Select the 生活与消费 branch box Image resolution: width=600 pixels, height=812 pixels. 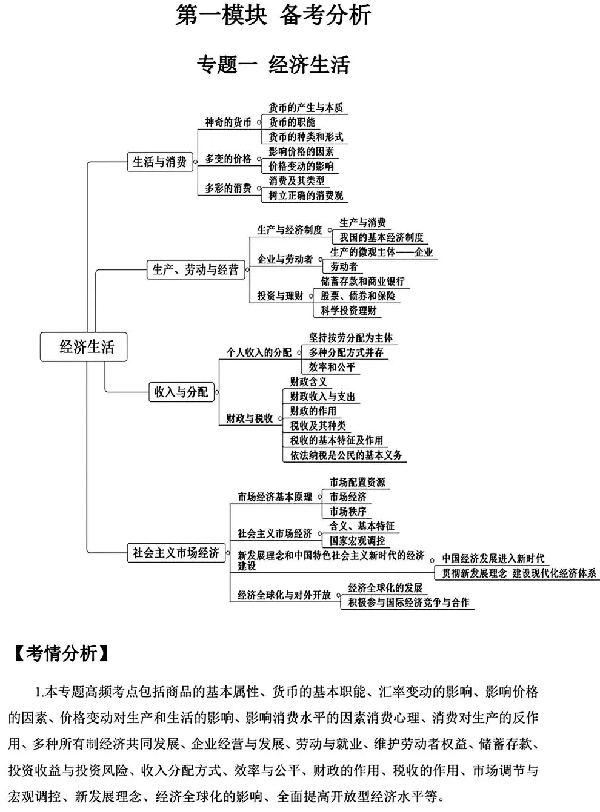pyautogui.click(x=160, y=162)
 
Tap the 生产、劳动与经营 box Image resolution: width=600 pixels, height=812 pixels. pyautogui.click(x=196, y=269)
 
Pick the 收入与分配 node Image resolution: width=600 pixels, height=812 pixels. pyautogui.click(x=181, y=392)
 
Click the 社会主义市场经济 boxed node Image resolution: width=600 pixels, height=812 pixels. pyautogui.click(x=176, y=553)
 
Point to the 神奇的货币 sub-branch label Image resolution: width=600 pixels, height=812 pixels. pyautogui.click(x=228, y=122)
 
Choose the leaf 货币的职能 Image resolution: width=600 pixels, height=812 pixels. pyautogui.click(x=292, y=122)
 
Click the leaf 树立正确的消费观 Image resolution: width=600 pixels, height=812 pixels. pyautogui.click(x=306, y=195)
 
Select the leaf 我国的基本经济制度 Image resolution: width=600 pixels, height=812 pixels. pyautogui.click(x=381, y=237)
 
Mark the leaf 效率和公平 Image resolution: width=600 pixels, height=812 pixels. pyautogui.click(x=332, y=367)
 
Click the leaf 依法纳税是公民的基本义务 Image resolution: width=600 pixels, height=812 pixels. pyautogui.click(x=346, y=455)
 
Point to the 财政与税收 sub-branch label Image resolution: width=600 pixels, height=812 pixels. pyautogui.click(x=250, y=418)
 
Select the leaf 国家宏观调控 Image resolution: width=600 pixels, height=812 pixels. pyautogui.click(x=357, y=541)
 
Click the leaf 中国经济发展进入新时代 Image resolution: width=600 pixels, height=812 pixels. pyautogui.click(x=493, y=558)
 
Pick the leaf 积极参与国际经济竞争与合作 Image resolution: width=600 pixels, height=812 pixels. pyautogui.click(x=408, y=602)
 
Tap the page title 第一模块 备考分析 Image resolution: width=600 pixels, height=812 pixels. pyautogui.click(x=273, y=16)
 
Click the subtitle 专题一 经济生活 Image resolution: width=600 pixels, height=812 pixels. pyautogui.click(x=273, y=64)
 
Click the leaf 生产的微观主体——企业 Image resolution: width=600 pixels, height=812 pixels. pyautogui.click(x=381, y=252)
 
